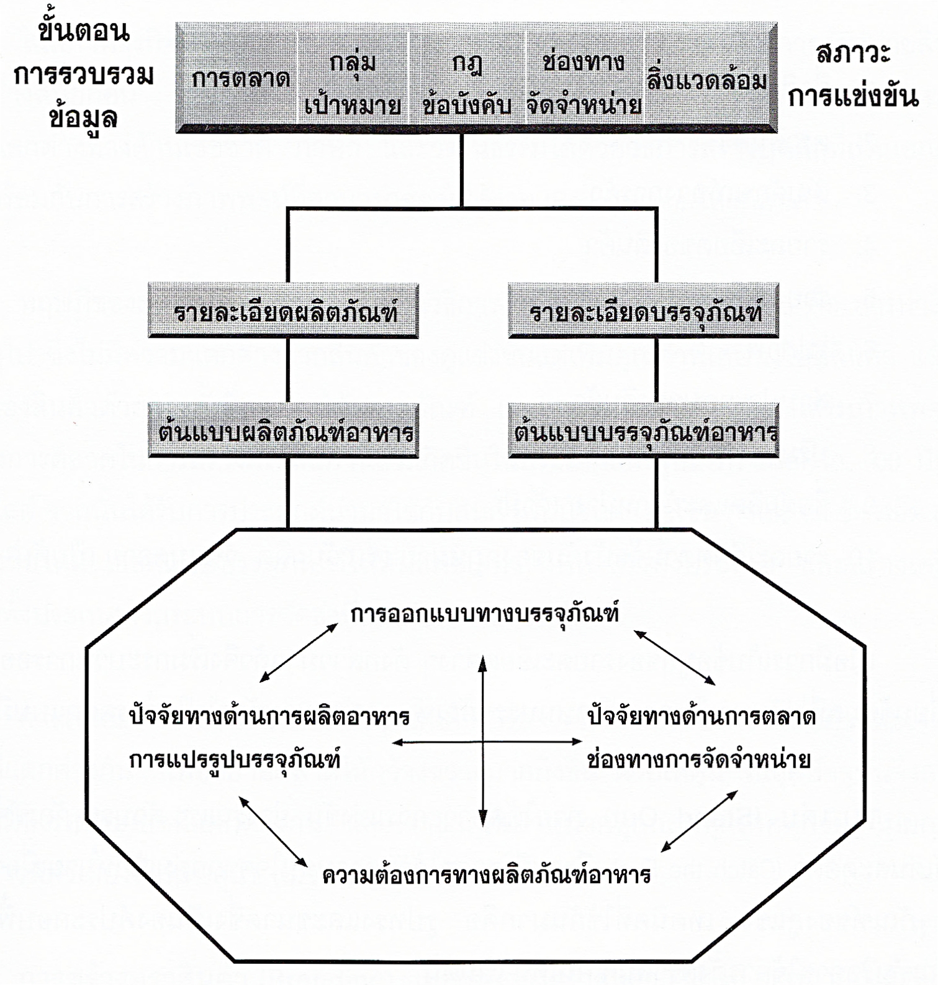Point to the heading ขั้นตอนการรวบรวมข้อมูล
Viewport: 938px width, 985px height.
(83, 75)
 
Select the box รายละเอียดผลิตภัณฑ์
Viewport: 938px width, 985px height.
(284, 311)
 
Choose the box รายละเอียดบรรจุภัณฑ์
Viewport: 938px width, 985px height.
(644, 311)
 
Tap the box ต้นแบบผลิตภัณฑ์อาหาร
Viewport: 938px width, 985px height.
(284, 431)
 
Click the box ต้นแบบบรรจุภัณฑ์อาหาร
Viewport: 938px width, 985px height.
(644, 431)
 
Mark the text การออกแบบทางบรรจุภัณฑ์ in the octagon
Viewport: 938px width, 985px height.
(485, 614)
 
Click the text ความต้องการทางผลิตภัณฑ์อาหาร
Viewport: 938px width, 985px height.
(487, 875)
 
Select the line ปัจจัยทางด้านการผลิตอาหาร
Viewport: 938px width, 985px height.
(269, 717)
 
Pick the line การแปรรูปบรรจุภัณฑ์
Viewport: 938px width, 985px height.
(235, 760)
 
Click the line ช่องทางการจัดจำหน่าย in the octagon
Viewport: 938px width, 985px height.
(699, 760)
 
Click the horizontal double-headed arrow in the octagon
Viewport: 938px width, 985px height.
(435, 742)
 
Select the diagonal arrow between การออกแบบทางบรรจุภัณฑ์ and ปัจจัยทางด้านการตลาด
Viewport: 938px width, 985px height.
(674, 658)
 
